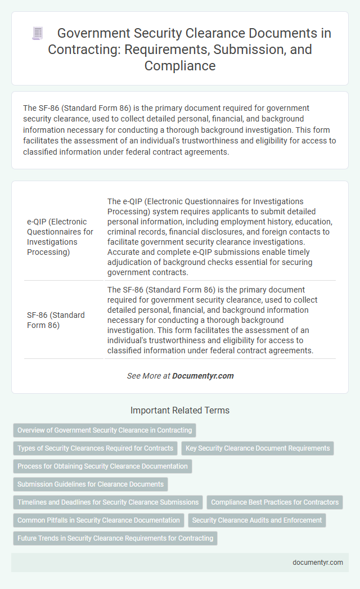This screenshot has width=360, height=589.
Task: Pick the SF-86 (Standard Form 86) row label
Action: coord(56,320)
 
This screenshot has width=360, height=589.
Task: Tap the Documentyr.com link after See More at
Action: coord(203,376)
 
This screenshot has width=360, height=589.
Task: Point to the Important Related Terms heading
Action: coord(180,411)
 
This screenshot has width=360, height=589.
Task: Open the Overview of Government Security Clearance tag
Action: coord(105,430)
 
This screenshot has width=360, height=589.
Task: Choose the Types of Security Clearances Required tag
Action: coord(95,448)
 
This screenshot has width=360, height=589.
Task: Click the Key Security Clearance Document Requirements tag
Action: coord(258,448)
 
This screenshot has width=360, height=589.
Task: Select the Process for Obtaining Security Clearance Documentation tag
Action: coord(102,466)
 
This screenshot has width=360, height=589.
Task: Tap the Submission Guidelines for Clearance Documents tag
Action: coord(91,484)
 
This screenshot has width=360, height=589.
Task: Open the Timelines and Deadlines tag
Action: coord(108,502)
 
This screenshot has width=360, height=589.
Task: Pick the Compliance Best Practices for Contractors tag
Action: coord(275,502)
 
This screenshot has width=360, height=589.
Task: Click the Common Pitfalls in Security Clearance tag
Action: coord(98,520)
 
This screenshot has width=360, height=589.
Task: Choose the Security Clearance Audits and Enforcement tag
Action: coord(257,520)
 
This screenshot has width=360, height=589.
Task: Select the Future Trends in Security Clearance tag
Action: coord(115,538)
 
